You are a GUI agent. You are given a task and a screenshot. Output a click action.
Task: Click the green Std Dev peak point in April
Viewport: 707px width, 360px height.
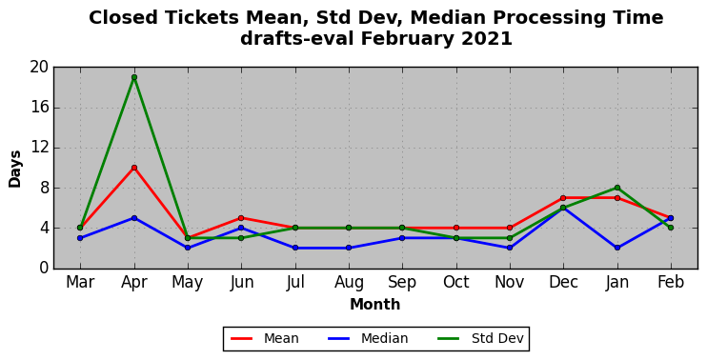click(134, 77)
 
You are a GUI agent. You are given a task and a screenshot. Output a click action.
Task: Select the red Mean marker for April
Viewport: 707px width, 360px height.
click(134, 168)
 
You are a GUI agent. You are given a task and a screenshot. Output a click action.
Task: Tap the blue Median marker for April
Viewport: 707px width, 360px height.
click(134, 218)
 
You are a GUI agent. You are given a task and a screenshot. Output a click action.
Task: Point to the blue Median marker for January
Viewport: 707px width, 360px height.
click(617, 248)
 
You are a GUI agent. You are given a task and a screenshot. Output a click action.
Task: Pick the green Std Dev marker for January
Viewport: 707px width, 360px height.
click(617, 188)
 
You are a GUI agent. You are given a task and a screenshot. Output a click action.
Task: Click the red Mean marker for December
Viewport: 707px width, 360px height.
click(563, 198)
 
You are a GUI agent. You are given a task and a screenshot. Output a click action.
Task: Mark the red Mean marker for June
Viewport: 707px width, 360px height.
click(241, 218)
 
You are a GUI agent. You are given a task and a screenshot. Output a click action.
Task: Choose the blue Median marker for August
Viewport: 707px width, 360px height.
click(349, 248)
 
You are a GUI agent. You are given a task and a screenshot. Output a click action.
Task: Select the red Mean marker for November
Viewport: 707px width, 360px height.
click(510, 228)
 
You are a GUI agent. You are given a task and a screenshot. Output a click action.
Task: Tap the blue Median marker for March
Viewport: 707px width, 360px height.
click(80, 238)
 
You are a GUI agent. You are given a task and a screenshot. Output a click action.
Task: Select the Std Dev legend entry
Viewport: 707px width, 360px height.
click(479, 338)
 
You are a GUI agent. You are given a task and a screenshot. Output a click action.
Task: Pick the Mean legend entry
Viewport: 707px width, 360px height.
click(265, 338)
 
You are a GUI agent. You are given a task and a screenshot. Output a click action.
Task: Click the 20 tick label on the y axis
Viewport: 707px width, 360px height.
click(39, 67)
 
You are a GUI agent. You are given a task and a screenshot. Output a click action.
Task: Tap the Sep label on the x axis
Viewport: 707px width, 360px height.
click(402, 283)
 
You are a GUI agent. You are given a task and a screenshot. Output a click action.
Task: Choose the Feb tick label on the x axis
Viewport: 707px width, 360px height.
click(671, 283)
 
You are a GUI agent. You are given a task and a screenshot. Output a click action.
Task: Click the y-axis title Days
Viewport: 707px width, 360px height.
click(15, 169)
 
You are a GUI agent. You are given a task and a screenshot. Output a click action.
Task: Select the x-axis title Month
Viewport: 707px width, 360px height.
click(375, 305)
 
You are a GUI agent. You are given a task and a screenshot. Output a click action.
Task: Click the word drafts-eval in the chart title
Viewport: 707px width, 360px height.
click(296, 39)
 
